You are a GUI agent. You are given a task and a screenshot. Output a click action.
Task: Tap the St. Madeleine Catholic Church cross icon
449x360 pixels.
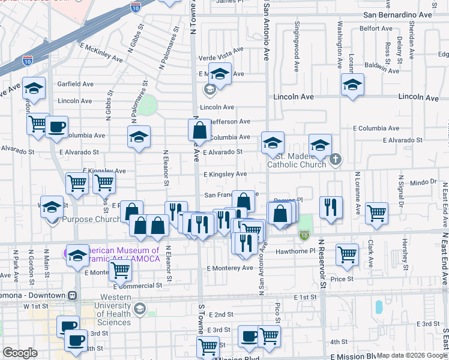(x=336, y=160)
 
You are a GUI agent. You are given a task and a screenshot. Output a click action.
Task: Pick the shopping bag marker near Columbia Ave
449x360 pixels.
(x=199, y=129)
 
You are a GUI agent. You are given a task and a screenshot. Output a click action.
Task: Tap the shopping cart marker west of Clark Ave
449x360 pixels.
(x=347, y=254)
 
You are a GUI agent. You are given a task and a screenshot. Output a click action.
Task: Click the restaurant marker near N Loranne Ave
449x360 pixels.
(x=331, y=207)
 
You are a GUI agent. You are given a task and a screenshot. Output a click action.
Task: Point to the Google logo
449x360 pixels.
(x=19, y=353)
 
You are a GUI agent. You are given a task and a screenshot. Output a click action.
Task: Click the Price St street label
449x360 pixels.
(x=342, y=278)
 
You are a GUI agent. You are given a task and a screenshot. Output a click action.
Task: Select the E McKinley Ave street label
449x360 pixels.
(x=100, y=52)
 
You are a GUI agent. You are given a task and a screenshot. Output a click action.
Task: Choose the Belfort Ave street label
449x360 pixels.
(x=376, y=28)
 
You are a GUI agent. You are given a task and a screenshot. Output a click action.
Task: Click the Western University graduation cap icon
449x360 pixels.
(x=140, y=309)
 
